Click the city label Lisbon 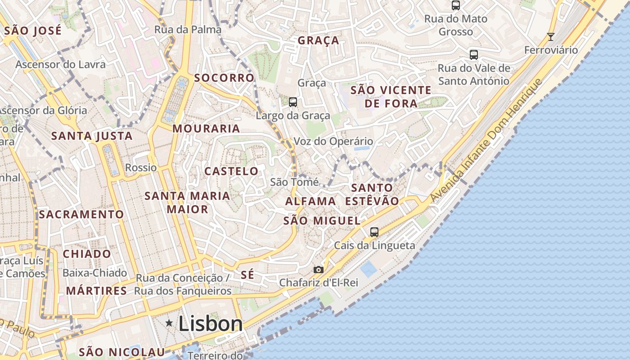pos(211,324)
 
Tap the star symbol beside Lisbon pos(169,323)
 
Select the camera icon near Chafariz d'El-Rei pos(319,270)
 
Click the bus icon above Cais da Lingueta pos(374,232)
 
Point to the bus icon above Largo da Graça pos(293,102)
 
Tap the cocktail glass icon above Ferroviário pos(550,36)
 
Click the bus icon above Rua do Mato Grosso pos(456,5)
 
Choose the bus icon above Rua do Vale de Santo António pos(474,55)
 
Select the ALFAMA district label pos(311,201)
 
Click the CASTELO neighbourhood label pos(231,171)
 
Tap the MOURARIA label pos(207,129)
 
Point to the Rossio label pos(141,168)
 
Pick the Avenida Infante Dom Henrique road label pos(486,140)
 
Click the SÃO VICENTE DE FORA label pos(391,97)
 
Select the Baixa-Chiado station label pos(95,273)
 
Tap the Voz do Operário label pos(333,141)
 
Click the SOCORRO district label pos(224,78)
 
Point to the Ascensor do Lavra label pos(61,64)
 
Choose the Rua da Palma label pos(188,30)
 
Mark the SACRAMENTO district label pos(81,215)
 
